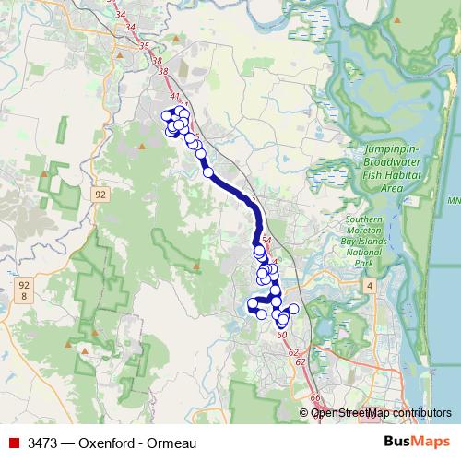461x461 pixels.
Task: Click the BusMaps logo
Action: pos(416,442)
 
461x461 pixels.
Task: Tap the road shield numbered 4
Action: pos(369,287)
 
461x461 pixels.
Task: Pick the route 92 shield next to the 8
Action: pos(24,286)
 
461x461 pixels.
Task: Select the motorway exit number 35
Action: pos(143,45)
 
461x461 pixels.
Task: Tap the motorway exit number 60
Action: pos(281,335)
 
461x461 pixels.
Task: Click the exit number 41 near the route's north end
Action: pos(173,96)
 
